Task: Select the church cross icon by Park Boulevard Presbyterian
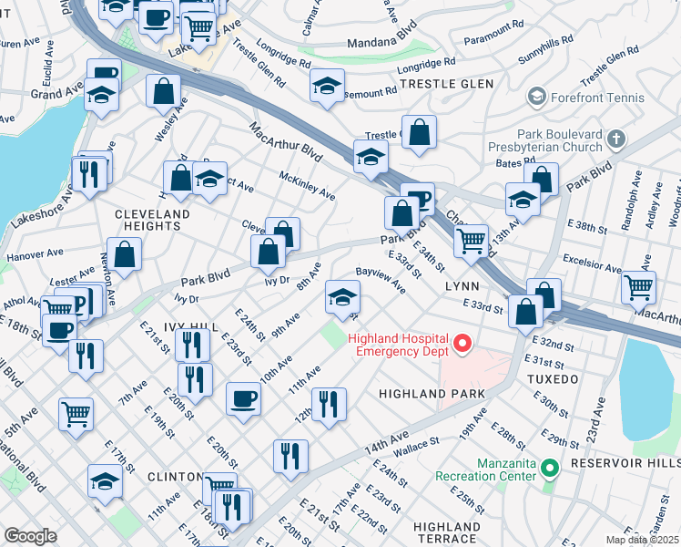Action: click(616, 139)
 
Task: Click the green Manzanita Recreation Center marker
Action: click(549, 468)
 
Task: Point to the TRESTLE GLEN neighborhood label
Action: click(446, 84)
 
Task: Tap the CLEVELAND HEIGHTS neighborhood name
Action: click(153, 220)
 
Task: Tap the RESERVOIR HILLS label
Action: click(625, 463)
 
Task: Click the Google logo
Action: click(30, 535)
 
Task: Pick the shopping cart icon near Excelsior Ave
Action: click(638, 286)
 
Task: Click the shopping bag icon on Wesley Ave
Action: click(163, 91)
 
